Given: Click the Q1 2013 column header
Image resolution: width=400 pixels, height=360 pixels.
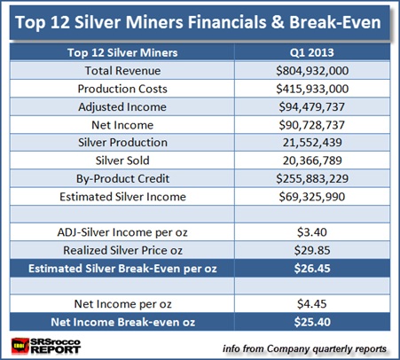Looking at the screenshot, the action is (x=312, y=52).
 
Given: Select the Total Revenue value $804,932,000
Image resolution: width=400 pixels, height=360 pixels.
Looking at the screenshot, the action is (x=312, y=71).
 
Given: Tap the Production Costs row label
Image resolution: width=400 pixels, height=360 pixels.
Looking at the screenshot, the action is (x=122, y=89).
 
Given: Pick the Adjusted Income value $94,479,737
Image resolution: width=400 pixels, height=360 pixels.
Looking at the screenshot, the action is (x=312, y=106).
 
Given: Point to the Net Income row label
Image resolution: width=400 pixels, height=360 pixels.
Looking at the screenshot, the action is (x=122, y=125).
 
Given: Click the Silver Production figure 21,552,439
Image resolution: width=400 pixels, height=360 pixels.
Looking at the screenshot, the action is (x=312, y=143).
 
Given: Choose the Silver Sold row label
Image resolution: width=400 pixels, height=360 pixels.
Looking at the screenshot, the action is (x=122, y=160).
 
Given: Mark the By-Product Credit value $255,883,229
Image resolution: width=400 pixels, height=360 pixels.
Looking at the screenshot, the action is (x=312, y=178).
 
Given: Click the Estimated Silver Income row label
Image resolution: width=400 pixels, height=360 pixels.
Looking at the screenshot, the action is (x=122, y=197).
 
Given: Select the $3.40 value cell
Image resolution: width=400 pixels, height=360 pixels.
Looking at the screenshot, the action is (x=312, y=232).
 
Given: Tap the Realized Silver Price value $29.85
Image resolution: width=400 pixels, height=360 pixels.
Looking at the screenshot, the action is (x=312, y=250).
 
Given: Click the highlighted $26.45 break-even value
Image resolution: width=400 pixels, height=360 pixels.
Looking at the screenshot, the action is (x=312, y=269).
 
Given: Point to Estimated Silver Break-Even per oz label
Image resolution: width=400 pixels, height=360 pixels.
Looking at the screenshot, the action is (x=122, y=269).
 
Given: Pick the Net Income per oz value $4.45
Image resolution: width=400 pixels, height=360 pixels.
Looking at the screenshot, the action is (x=312, y=304).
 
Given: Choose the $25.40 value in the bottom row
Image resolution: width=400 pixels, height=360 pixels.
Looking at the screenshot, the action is (x=312, y=322).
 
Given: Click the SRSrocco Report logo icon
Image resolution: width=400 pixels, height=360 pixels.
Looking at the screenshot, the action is (x=20, y=346).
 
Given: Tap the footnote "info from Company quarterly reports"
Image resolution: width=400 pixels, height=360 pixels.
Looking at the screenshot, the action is (x=304, y=348).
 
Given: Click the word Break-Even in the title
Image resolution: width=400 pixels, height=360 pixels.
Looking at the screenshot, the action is (x=335, y=22).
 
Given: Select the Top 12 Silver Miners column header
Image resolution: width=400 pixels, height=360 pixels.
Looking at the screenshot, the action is (x=122, y=52).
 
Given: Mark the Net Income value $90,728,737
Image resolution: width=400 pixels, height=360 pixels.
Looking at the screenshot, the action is (x=312, y=125).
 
